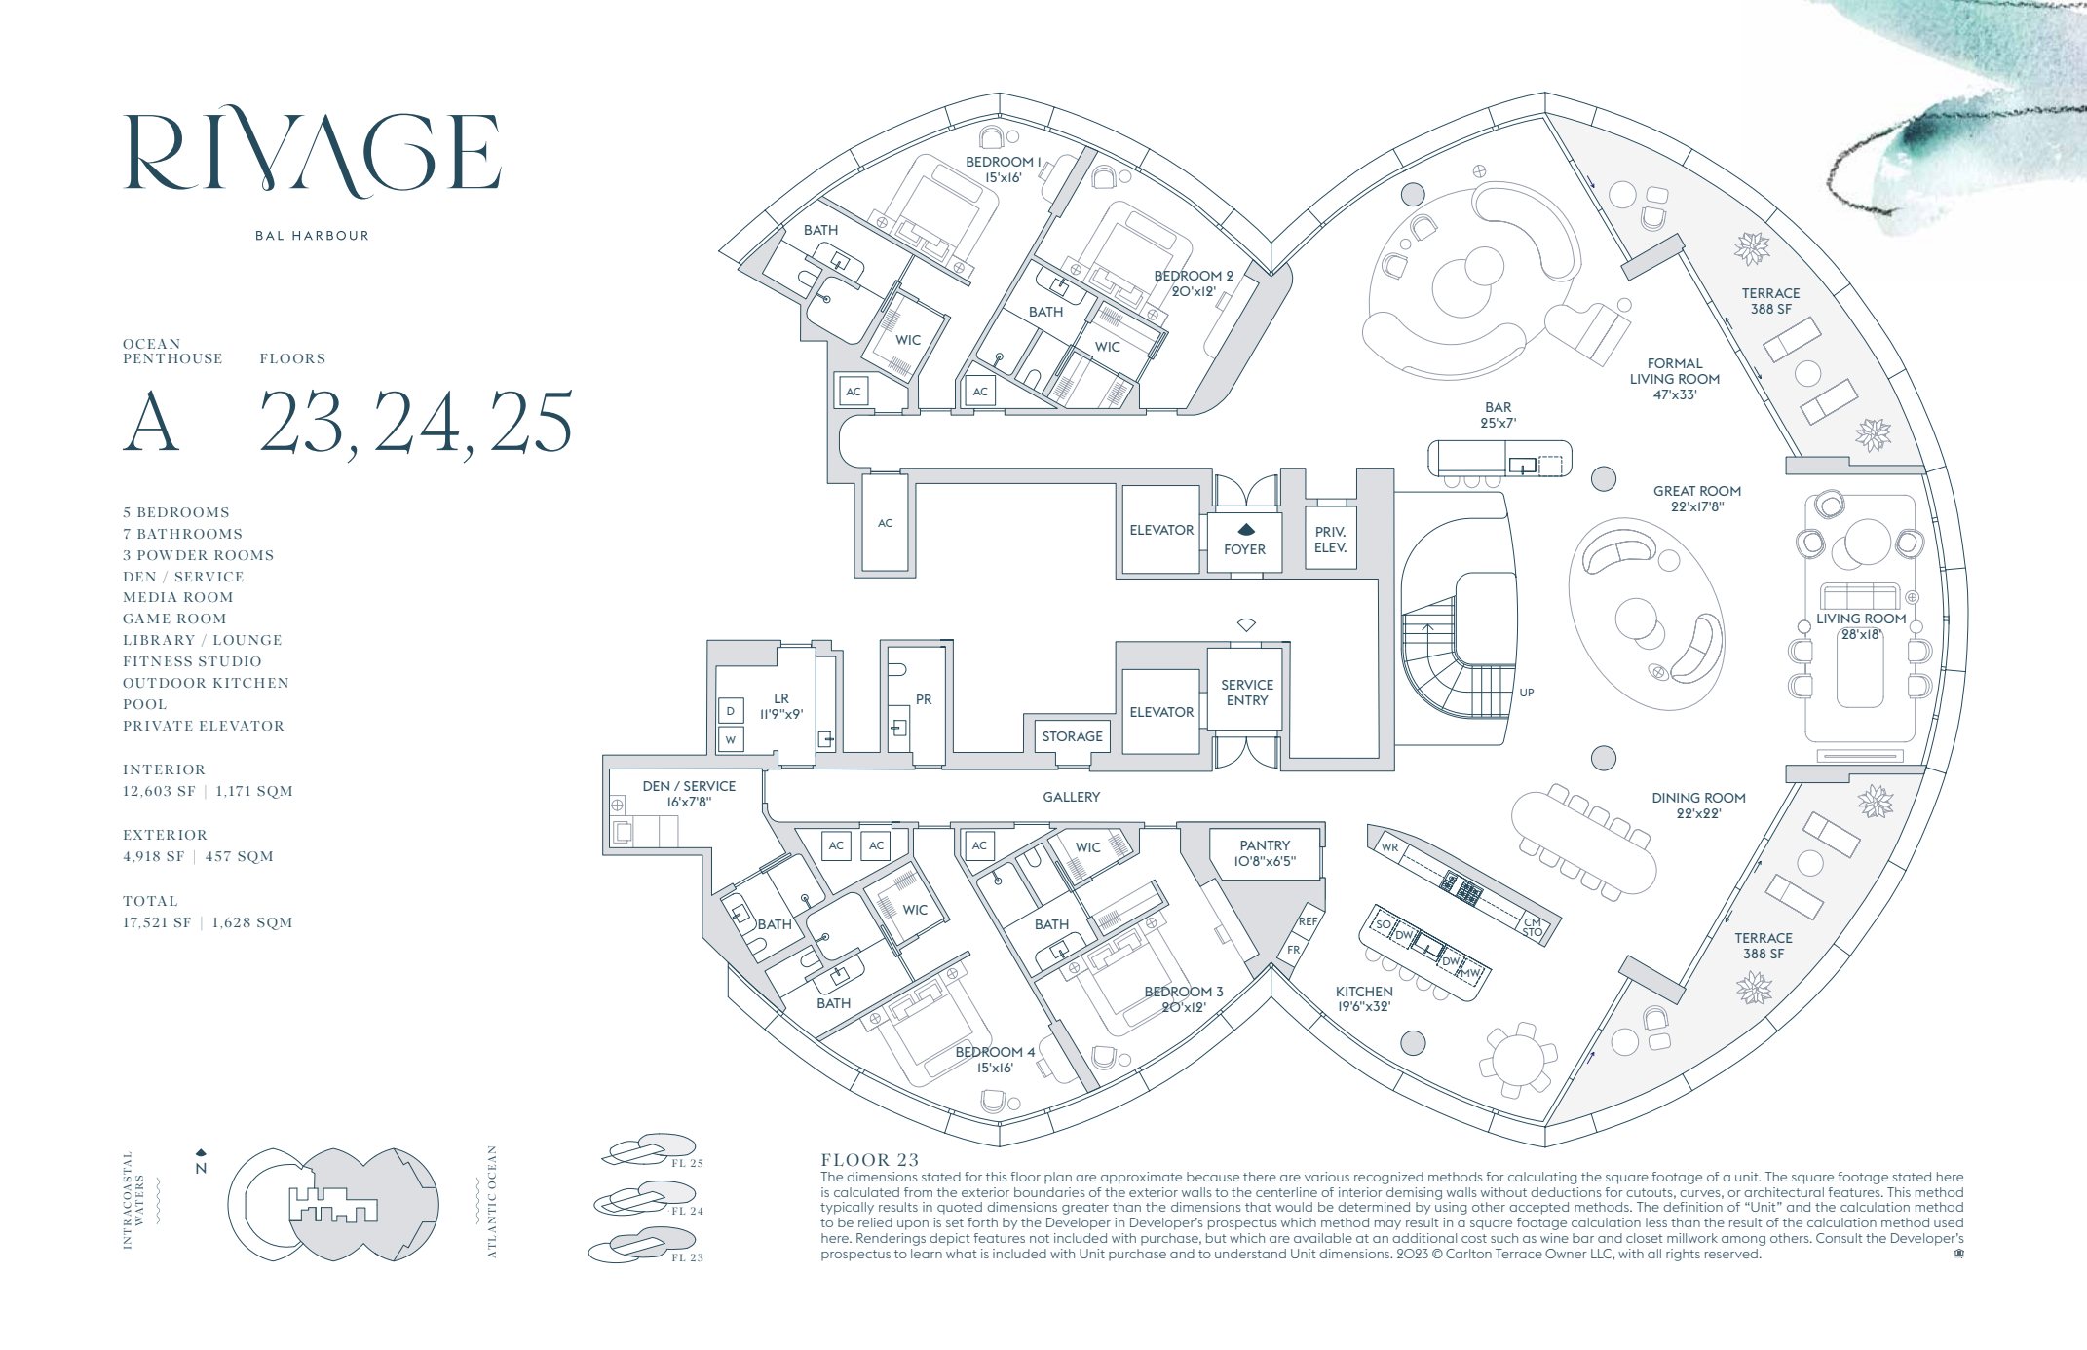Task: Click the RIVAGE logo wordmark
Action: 313,154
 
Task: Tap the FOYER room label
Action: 1244,549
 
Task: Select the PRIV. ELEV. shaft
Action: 1330,540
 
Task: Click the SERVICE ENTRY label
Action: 1247,693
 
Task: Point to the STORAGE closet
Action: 1072,736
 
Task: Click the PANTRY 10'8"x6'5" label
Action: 1265,853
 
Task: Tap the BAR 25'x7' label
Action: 1498,415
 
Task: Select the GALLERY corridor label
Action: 1071,797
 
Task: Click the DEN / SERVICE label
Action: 689,786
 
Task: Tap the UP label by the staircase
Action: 1526,693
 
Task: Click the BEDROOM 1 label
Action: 1003,162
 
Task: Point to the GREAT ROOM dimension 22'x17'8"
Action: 1696,506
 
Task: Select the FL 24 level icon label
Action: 687,1211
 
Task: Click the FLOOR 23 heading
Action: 869,1160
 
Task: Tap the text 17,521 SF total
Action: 157,922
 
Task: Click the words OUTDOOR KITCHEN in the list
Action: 206,683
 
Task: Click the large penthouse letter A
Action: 152,423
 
